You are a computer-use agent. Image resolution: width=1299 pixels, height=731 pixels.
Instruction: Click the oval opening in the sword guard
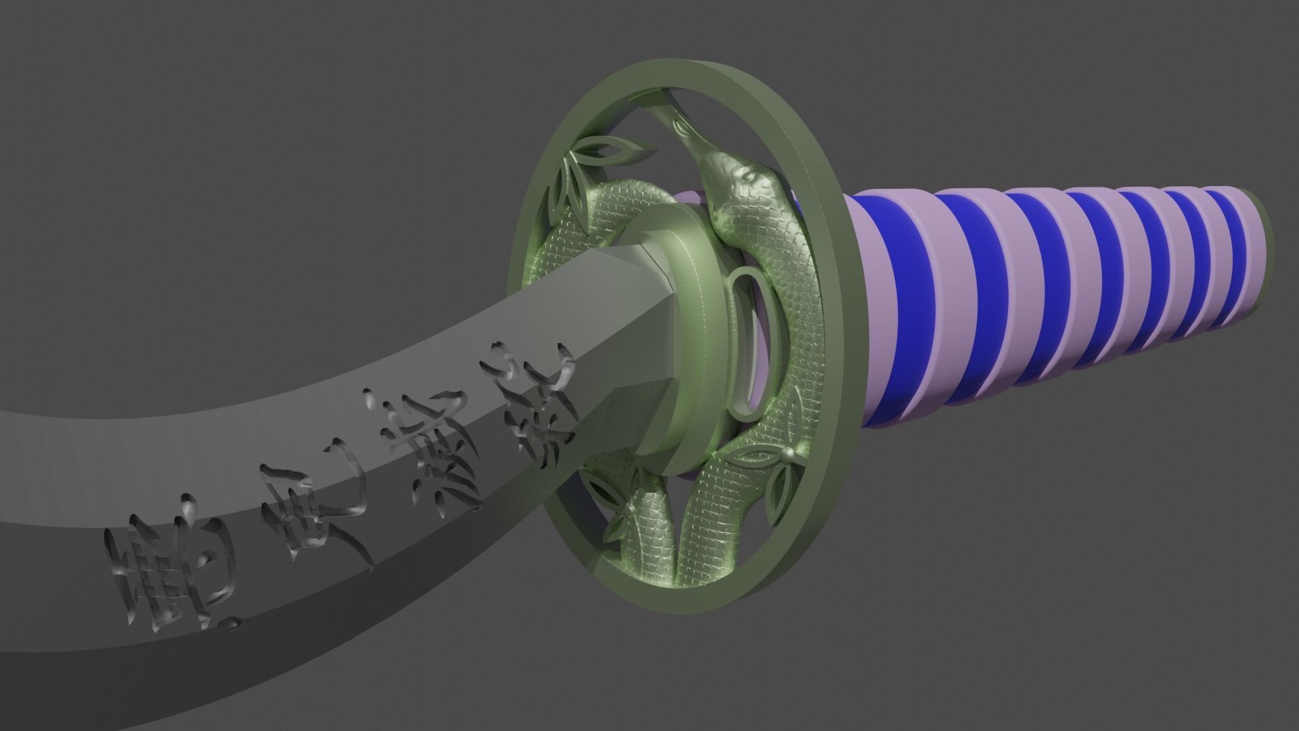751,338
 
